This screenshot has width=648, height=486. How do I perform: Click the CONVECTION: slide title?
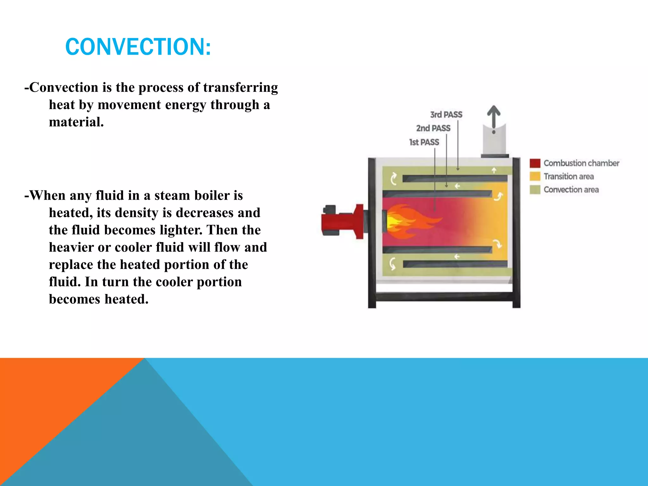point(138,47)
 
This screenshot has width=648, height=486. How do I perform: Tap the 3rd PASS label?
point(446,115)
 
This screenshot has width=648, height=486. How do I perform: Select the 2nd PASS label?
point(433,128)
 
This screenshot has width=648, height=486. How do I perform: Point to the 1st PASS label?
point(424,142)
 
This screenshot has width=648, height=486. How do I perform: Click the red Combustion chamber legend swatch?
point(535,163)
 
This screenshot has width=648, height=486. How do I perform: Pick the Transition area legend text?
point(569,177)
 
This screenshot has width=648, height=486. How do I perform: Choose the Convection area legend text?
point(571,190)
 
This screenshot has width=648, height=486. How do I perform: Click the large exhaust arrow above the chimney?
point(494,117)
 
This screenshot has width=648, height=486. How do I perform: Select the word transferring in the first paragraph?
point(240,88)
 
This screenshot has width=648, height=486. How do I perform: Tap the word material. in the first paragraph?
point(76,122)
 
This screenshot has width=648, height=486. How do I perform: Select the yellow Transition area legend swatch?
point(535,177)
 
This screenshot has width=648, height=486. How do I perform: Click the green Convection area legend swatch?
point(535,190)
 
